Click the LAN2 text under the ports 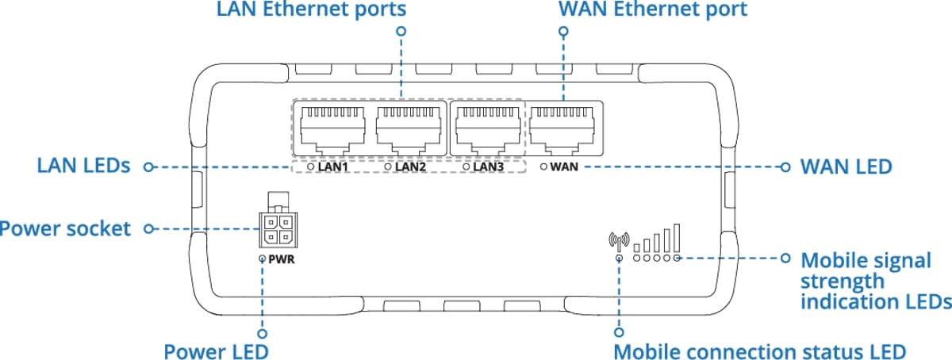[411, 167]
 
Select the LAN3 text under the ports [489, 167]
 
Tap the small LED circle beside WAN [543, 167]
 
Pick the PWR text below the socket [282, 259]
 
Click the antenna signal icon [618, 239]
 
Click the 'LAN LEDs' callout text [84, 167]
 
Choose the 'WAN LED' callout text [846, 167]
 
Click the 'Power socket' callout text [65, 228]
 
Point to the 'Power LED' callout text [216, 350]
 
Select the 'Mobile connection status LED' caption [759, 350]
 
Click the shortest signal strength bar [637, 248]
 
